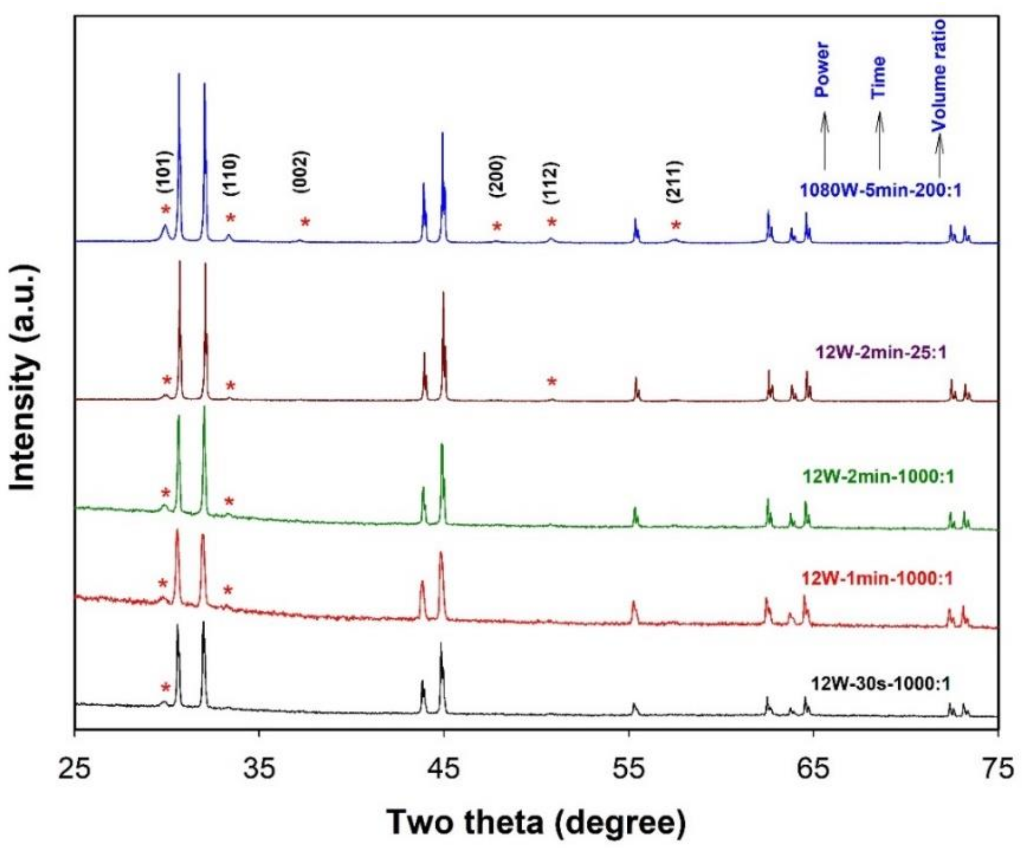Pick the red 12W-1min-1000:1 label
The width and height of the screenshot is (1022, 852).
877,578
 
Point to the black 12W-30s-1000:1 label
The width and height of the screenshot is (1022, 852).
880,683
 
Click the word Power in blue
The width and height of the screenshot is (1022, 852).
822,69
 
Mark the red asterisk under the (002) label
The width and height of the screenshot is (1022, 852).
305,222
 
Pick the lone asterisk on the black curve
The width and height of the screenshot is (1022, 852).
166,687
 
